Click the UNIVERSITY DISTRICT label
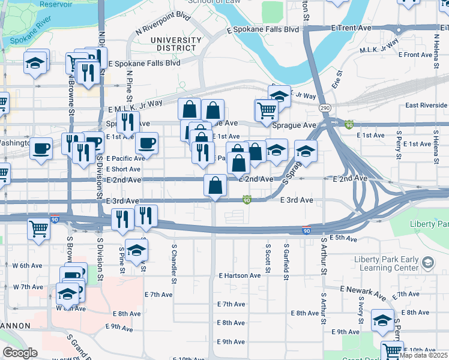tap(175, 44)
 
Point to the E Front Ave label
tap(418, 55)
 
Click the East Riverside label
tap(426, 106)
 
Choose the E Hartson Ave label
tap(240, 275)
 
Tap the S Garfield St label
tap(286, 258)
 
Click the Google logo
tap(20, 353)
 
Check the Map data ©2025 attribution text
tap(424, 355)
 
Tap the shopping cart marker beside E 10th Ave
tap(392, 349)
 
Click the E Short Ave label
tap(123, 169)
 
